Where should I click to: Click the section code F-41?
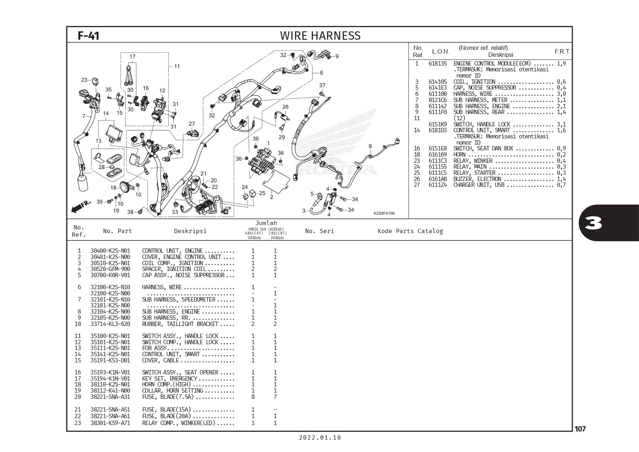(88, 36)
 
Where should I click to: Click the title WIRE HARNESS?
(320, 36)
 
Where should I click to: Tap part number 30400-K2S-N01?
(110, 251)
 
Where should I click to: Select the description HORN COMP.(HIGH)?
(166, 385)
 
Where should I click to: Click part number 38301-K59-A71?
(110, 423)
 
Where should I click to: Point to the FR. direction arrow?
(81, 207)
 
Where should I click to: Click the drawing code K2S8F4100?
(384, 213)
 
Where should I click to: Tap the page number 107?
(580, 429)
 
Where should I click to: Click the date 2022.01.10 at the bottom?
(320, 438)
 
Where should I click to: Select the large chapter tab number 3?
(593, 223)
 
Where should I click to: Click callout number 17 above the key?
(133, 57)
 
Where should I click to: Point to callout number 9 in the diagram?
(337, 56)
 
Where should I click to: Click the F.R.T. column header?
(563, 52)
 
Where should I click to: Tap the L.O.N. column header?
(441, 52)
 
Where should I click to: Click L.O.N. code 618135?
(438, 64)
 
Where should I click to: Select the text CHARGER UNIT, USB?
(479, 185)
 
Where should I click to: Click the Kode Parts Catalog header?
(410, 231)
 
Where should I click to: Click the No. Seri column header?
(319, 231)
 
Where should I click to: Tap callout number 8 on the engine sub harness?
(370, 146)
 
